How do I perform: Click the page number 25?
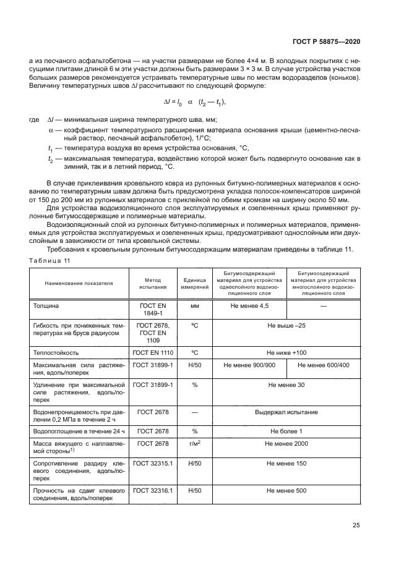coord(356,525)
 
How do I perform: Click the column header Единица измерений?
coord(194,283)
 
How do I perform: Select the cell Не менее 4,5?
coord(249,305)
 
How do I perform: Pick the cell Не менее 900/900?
coord(249,365)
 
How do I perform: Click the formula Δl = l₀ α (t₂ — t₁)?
coord(194,101)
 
